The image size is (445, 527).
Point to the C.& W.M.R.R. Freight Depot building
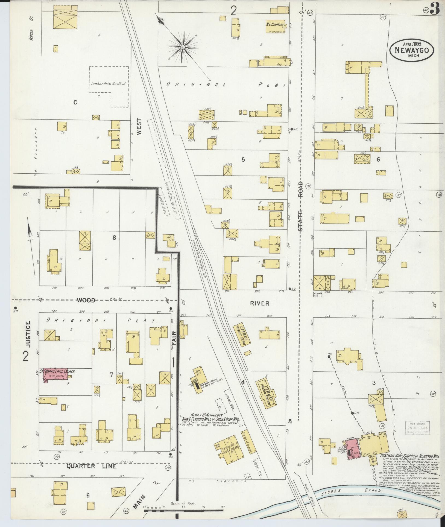click(x=240, y=335)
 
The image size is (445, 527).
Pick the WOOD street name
click(x=86, y=300)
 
